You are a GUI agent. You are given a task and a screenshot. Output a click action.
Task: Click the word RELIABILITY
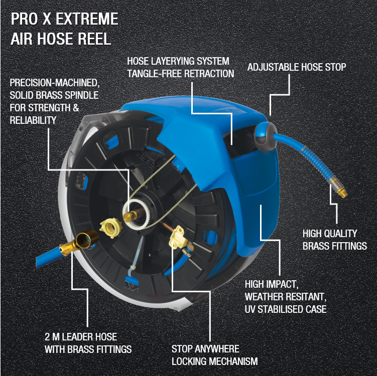tap(33, 120)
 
